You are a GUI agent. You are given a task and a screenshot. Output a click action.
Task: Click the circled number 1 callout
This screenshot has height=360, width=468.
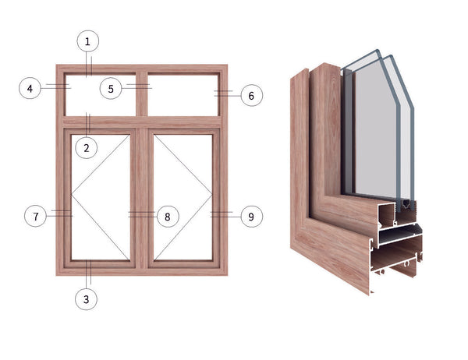[x=87, y=41]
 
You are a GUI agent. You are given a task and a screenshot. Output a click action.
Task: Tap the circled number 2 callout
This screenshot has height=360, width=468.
[x=87, y=146]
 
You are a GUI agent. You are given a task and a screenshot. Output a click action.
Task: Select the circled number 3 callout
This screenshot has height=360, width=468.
[x=87, y=298]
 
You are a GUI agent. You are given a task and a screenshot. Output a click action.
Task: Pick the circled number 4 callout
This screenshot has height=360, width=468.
[x=30, y=88]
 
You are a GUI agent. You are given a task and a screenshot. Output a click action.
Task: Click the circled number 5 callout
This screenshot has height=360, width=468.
[x=112, y=88]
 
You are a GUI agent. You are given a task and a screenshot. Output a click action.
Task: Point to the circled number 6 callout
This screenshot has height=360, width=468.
[x=250, y=96]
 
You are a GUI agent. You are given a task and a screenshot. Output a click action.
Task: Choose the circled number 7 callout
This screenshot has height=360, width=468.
[x=35, y=216]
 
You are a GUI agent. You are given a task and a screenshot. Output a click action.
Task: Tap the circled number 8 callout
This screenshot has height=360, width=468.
[x=166, y=216]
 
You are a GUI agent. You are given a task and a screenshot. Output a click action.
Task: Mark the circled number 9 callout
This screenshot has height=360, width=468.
[x=250, y=216]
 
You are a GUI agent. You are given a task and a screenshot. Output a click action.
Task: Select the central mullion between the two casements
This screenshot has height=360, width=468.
[x=142, y=199]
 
